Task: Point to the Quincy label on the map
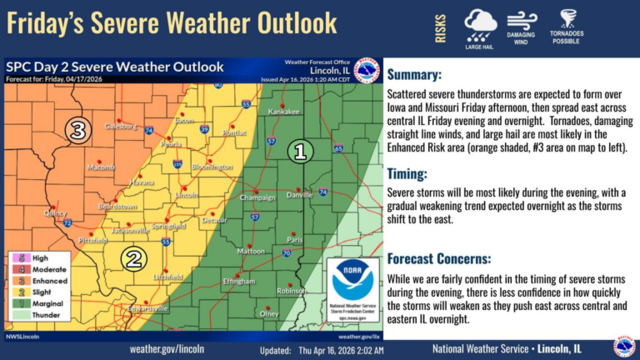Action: [x=54, y=212]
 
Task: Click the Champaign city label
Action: [x=257, y=197]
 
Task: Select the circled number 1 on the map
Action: [x=301, y=151]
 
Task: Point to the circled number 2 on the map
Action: [x=133, y=258]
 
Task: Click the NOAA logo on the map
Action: [x=352, y=283]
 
